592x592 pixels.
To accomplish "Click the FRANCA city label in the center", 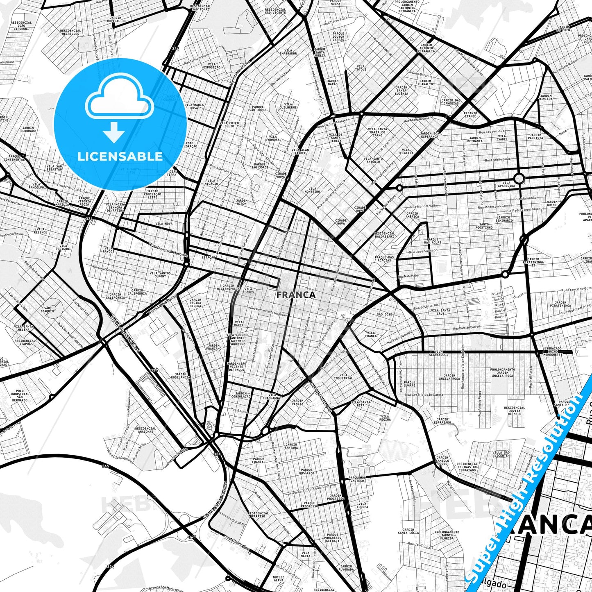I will tap(296, 295).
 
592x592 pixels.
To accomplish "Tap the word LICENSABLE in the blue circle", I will tap(120, 156).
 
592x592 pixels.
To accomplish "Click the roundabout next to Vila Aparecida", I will tap(519, 178).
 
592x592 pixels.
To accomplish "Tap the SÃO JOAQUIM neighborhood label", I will tap(48, 309).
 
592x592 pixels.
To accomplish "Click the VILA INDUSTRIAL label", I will tap(343, 377).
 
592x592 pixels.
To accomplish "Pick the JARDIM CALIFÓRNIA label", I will tap(137, 292).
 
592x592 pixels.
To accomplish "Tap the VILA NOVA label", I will tap(164, 224).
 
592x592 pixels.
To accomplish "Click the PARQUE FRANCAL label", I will tap(259, 460).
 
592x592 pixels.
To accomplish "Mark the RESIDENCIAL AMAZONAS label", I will tap(145, 431).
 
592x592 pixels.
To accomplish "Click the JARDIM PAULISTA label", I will tap(535, 136).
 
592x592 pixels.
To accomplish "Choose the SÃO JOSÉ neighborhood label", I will tap(385, 314).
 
